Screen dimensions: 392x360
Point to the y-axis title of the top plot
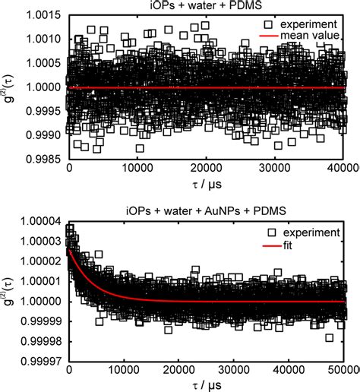[9, 88]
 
